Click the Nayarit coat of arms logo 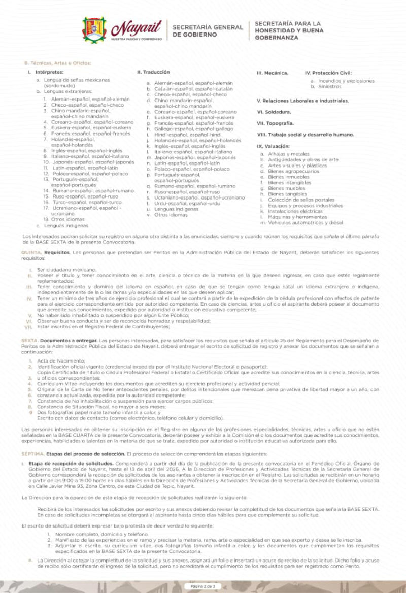[94, 29]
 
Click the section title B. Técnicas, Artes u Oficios [57, 63]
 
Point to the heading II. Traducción [153, 72]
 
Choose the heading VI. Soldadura [274, 112]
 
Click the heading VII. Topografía [276, 123]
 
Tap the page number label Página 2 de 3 [203, 586]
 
